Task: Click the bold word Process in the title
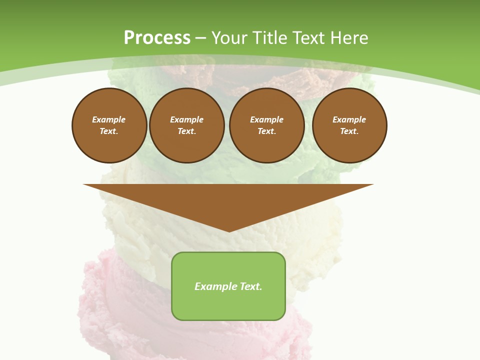click(157, 38)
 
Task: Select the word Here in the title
click(347, 38)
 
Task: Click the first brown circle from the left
click(109, 125)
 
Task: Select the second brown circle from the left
click(186, 125)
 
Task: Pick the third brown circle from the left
click(266, 125)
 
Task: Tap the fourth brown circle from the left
click(349, 125)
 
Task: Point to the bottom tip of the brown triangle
click(229, 230)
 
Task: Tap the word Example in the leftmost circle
click(109, 119)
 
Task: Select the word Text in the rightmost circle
click(349, 131)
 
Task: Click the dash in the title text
click(201, 38)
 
